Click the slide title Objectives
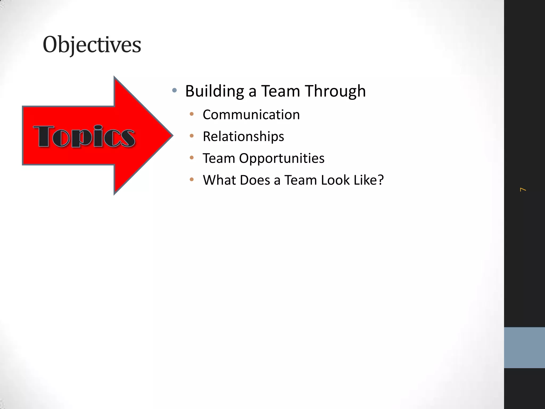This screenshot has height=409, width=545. tap(92, 45)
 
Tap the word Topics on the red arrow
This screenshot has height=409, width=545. tap(84, 136)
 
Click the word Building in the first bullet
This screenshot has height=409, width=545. tap(214, 91)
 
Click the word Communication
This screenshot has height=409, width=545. tap(251, 115)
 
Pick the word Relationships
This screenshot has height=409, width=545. tap(243, 137)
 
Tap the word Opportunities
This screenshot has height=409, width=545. tap(282, 158)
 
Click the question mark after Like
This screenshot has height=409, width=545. tap(381, 180)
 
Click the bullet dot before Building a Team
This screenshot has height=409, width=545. tap(175, 91)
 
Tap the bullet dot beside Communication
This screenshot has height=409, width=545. tap(192, 114)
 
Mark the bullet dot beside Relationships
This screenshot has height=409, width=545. tap(192, 136)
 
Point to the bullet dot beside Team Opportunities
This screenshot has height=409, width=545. tap(192, 158)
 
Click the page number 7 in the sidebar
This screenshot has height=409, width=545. tap(523, 190)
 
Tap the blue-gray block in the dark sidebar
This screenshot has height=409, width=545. tap(524, 347)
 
